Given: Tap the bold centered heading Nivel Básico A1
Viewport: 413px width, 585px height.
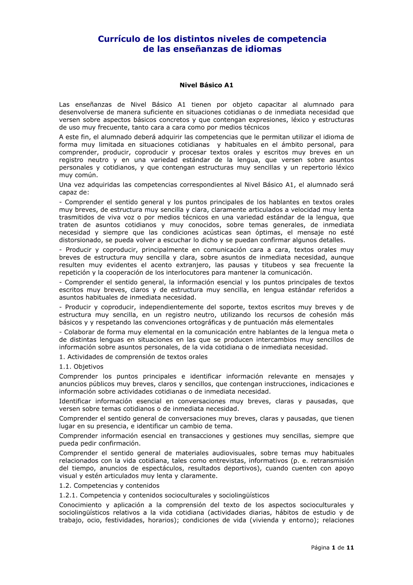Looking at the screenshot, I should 206,85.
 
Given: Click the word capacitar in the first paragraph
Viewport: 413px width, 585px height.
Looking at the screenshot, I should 272,105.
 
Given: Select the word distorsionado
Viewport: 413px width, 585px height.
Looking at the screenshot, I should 83,240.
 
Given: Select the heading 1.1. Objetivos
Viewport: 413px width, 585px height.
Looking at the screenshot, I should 81,367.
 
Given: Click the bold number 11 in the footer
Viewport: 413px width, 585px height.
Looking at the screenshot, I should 350,548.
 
